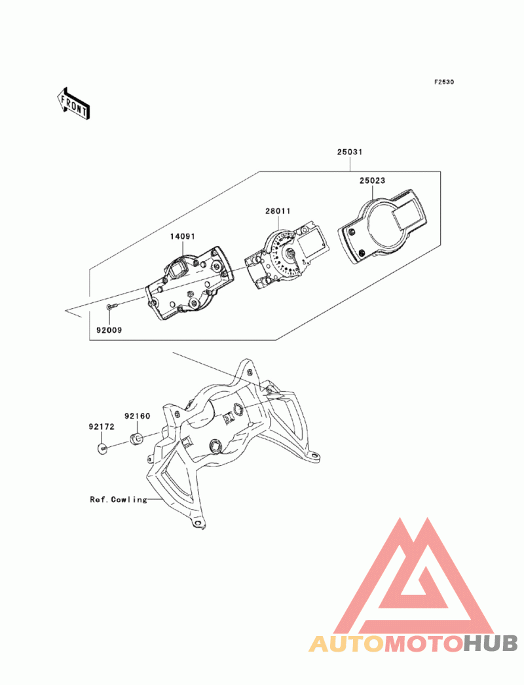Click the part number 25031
coord(350,152)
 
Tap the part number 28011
coord(278,211)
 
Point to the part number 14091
coord(184,236)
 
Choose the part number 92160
coord(138,415)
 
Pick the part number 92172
coord(102,427)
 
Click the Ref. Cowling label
coord(119,499)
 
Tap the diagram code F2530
coord(443,82)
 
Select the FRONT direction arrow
coord(73,103)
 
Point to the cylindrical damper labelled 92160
coord(138,436)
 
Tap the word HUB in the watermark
coord(491,644)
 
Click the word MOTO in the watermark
coord(423,644)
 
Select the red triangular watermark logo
coord(413,576)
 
